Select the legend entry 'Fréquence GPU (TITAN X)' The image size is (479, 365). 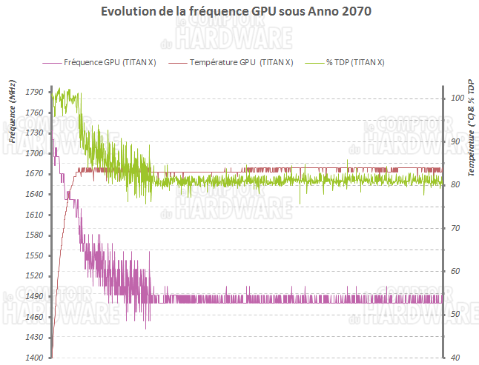coord(110,63)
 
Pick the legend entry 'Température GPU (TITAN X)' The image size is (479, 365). coord(241,63)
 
